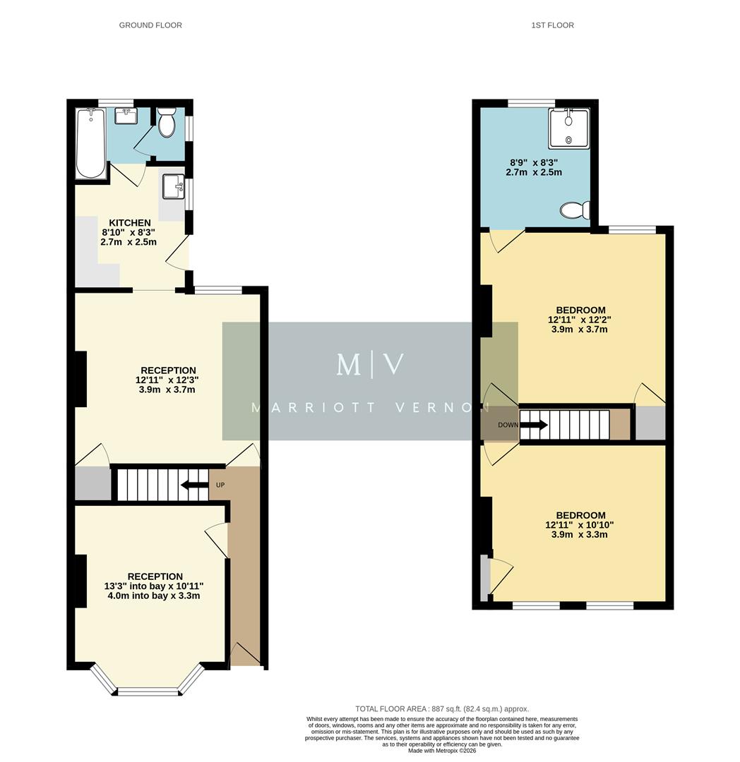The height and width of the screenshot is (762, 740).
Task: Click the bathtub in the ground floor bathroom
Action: point(90,143)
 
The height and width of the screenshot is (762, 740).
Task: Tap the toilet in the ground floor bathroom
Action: point(167,124)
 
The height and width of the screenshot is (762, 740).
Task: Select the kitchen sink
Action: point(172,188)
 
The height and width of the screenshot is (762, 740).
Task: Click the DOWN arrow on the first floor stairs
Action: point(533,425)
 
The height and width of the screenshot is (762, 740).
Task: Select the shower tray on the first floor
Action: point(568,128)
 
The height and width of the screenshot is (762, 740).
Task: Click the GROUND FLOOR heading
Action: point(150,25)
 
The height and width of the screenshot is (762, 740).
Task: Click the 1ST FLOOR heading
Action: point(552,25)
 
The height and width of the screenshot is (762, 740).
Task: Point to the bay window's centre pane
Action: point(149,691)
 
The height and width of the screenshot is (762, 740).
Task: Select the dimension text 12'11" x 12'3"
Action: point(167,380)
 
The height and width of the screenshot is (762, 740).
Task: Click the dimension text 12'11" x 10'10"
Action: point(580,525)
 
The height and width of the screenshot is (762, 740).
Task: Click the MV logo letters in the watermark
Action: point(370,365)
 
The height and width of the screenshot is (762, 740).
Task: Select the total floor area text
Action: point(441,709)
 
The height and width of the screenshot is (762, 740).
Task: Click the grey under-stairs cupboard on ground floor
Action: point(93,483)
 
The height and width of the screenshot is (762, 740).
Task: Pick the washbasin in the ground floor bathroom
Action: point(126,116)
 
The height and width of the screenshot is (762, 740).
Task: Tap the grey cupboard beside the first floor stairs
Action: point(650,423)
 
